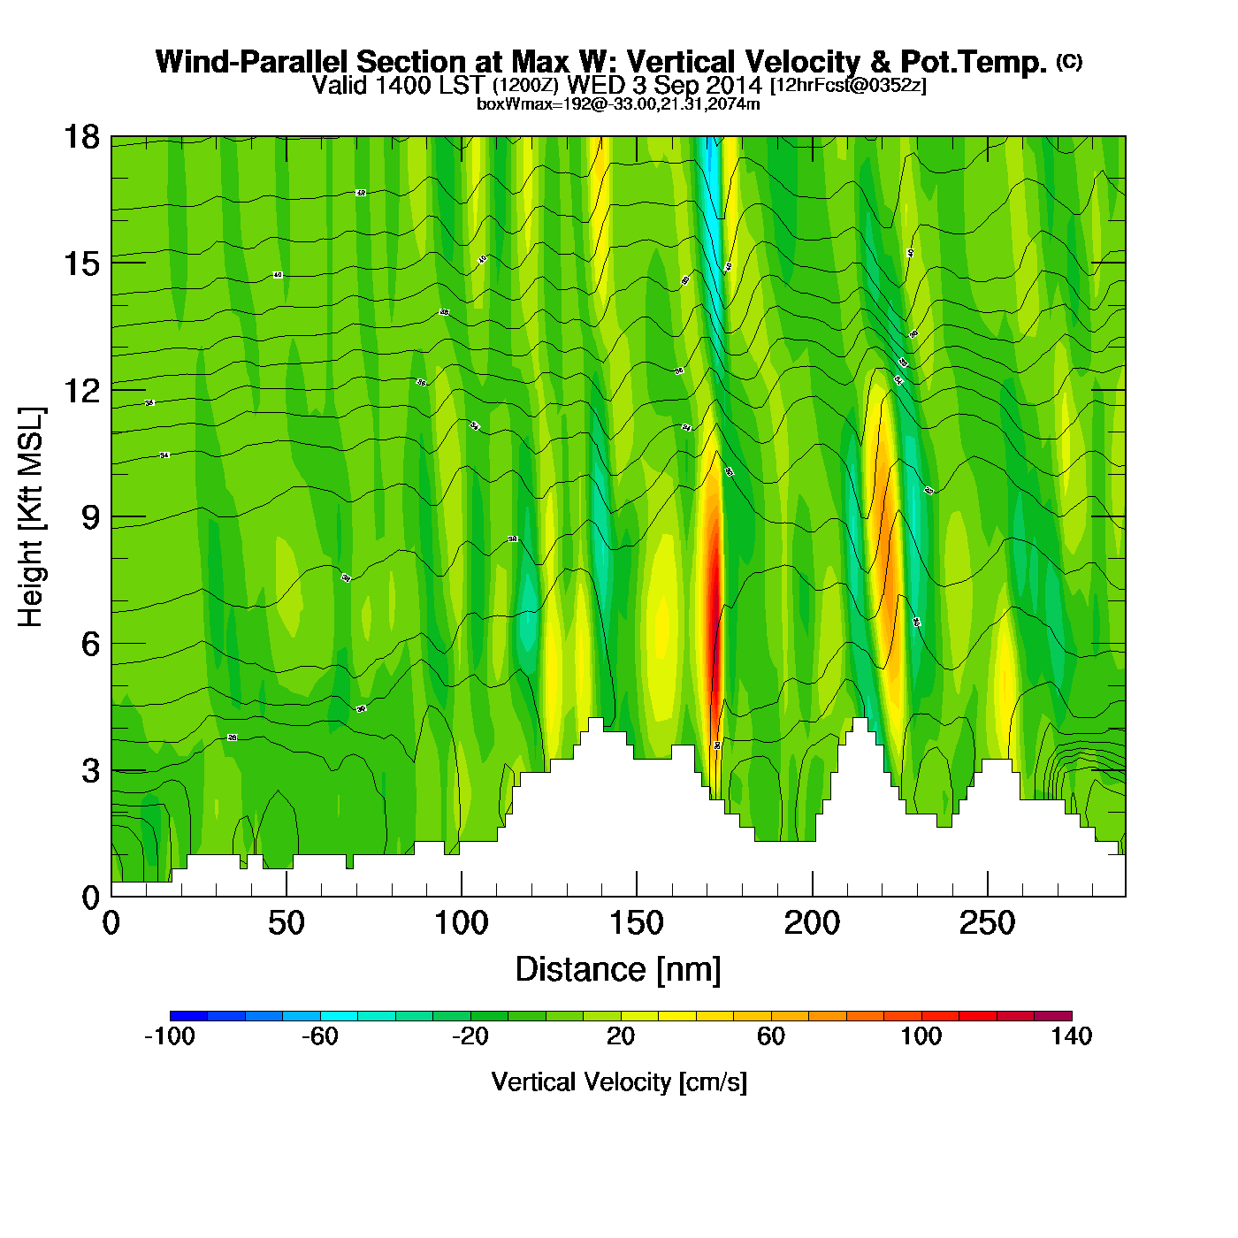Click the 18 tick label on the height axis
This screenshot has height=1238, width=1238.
(x=81, y=137)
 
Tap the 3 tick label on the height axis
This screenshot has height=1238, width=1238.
(x=89, y=771)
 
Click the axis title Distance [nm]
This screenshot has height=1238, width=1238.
(x=618, y=970)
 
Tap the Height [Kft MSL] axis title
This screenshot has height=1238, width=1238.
(x=31, y=517)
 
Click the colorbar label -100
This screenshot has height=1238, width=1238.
(x=170, y=1036)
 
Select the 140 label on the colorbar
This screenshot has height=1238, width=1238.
(x=1072, y=1036)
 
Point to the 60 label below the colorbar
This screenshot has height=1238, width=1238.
(x=771, y=1036)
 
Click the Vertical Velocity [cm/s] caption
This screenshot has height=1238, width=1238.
(x=619, y=1082)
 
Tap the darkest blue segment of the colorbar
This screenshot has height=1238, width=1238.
(x=188, y=1016)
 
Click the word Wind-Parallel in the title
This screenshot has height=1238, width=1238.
(x=253, y=62)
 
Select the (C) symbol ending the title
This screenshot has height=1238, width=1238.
(x=1069, y=61)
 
